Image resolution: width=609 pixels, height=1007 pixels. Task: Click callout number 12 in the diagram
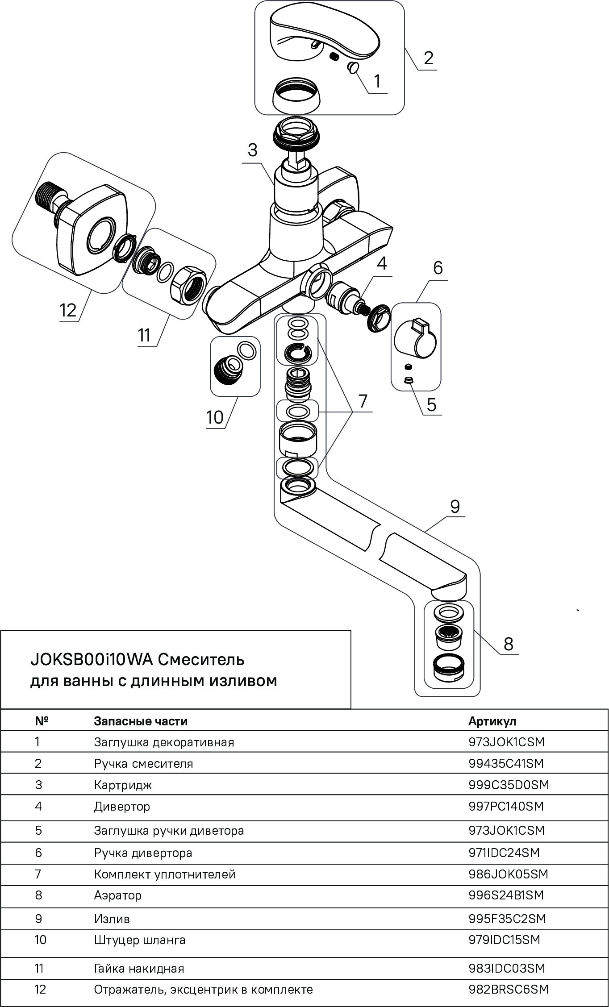pos(68,309)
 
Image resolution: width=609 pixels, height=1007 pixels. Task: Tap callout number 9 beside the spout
pos(455,507)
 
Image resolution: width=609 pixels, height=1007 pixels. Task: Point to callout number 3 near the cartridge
pos(253,150)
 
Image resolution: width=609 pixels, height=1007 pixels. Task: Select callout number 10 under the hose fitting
pos(214,417)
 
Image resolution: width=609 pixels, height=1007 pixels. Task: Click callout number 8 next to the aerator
pos(508,644)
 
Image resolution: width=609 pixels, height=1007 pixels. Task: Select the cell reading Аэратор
pos(118,895)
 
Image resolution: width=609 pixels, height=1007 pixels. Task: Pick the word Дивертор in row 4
pos(122,806)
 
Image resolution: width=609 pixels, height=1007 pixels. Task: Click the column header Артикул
pos(492,721)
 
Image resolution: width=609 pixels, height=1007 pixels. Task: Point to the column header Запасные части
pos(141,721)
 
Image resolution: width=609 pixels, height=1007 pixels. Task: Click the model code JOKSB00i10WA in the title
pos(91,659)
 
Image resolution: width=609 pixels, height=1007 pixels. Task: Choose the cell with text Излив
pos(112,919)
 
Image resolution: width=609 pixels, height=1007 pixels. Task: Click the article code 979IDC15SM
pos(504,940)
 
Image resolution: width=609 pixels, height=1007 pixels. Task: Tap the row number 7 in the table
pos(38,874)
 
